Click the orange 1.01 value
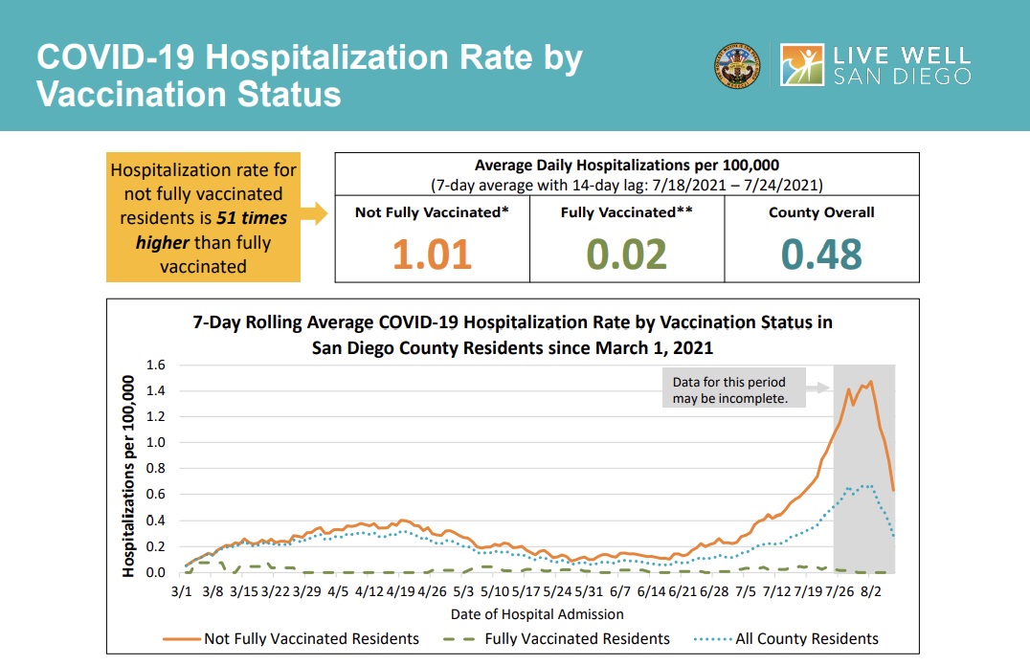(432, 255)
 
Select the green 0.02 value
(627, 255)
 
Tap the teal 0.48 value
(821, 255)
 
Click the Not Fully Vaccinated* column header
(431, 212)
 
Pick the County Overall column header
(821, 212)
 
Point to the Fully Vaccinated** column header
(626, 212)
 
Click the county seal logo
(737, 65)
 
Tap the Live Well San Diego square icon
(802, 65)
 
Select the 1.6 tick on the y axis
(155, 365)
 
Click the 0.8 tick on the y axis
(155, 469)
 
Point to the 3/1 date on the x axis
(181, 591)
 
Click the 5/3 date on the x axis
(463, 591)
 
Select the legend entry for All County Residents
(806, 638)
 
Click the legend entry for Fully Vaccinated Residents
(576, 638)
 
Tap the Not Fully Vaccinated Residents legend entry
(311, 638)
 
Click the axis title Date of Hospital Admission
(537, 614)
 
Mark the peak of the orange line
(870, 382)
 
